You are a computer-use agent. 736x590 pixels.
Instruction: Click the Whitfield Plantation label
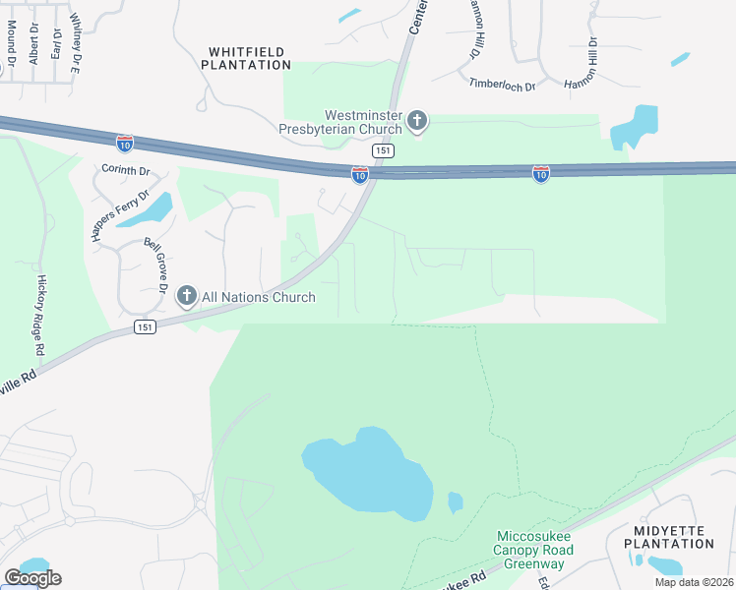coord(246,57)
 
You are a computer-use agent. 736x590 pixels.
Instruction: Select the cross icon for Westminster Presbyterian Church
coord(417,122)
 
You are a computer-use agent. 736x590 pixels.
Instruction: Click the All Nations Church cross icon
coord(186,296)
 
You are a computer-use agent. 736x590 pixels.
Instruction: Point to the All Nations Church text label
coord(259,297)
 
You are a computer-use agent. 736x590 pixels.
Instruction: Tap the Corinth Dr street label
coord(126,170)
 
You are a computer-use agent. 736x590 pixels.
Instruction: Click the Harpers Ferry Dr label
coord(130,206)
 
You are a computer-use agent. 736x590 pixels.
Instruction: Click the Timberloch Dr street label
coord(502,86)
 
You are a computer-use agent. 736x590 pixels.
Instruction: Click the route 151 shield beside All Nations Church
coord(146,327)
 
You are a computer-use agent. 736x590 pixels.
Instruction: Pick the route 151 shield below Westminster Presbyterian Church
coord(384,150)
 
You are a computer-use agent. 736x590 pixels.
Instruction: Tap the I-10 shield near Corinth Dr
coord(124,144)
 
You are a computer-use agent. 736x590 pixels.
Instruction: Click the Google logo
coord(33,578)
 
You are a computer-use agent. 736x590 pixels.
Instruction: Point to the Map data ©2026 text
coord(694,582)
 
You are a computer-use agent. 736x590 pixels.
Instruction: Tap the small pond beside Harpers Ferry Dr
coord(157,207)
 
